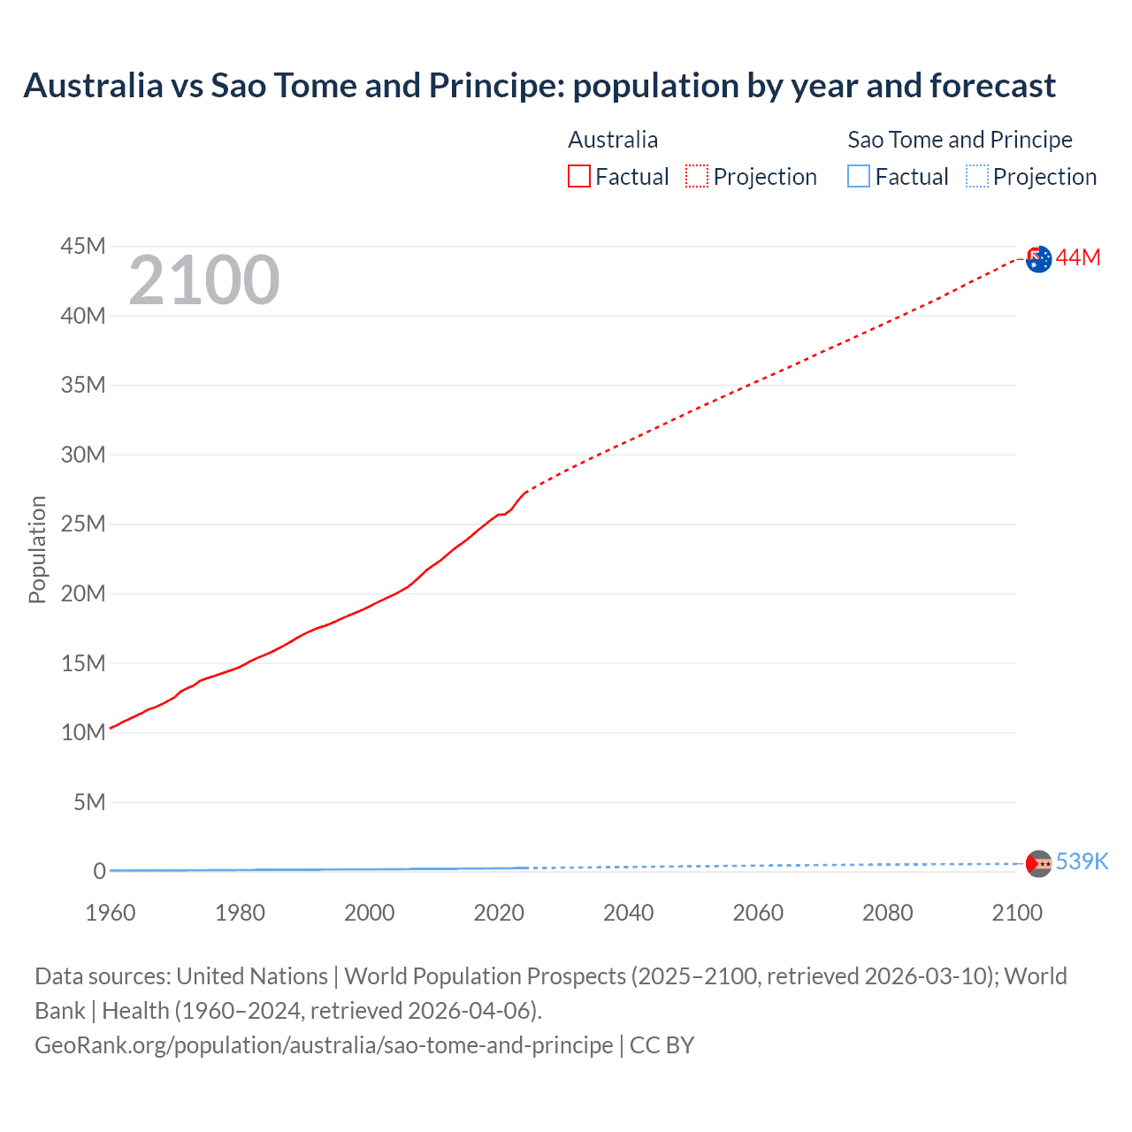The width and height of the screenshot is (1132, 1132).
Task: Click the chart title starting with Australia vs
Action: tap(539, 86)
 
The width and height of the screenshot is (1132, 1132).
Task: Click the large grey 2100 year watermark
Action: tap(204, 281)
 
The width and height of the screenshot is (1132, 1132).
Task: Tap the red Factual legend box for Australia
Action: tap(579, 177)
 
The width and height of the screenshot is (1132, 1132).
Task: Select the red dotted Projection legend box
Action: tap(697, 177)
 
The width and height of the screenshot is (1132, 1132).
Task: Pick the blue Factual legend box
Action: tap(859, 177)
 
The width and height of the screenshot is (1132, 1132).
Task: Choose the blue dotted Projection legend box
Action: tap(977, 177)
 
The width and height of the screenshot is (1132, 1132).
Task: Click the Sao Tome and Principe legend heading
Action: tap(960, 140)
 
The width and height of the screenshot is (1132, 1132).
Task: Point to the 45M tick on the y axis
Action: tap(83, 246)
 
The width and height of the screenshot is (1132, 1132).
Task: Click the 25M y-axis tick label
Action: tap(83, 524)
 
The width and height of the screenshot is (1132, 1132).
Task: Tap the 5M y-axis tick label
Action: tap(89, 802)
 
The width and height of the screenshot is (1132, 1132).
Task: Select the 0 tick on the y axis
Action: tap(100, 871)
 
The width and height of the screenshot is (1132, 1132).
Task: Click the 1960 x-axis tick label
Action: tap(111, 913)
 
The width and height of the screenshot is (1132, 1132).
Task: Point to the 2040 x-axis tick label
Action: tap(629, 913)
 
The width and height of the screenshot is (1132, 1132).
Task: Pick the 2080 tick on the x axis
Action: tap(888, 913)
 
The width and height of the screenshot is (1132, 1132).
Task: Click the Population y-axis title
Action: tap(37, 549)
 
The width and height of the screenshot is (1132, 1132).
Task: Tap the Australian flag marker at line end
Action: tap(1039, 259)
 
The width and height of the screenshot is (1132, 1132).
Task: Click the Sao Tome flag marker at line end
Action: tap(1039, 863)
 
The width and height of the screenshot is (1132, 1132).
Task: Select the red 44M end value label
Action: tap(1078, 257)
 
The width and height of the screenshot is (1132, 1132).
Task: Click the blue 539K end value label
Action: tap(1082, 861)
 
